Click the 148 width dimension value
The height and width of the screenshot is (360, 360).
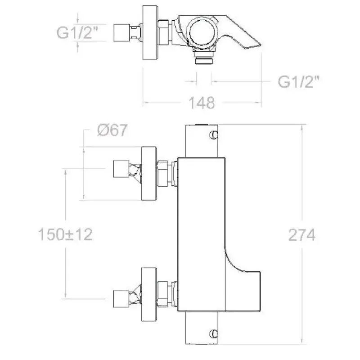pos(202,103)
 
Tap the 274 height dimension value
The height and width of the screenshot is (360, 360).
pos(301,235)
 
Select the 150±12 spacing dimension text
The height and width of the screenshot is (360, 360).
pos(65,234)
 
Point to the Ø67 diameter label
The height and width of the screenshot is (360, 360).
pos(112,130)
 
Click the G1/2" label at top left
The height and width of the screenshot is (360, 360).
pos(77,32)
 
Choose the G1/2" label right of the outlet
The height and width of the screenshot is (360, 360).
pos(299,81)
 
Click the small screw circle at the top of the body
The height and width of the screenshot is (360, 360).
pos(214,135)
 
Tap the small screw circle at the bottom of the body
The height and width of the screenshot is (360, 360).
pos(214,333)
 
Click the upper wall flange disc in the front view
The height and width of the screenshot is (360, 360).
pos(149,174)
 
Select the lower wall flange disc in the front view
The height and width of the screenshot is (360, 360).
pos(149,294)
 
